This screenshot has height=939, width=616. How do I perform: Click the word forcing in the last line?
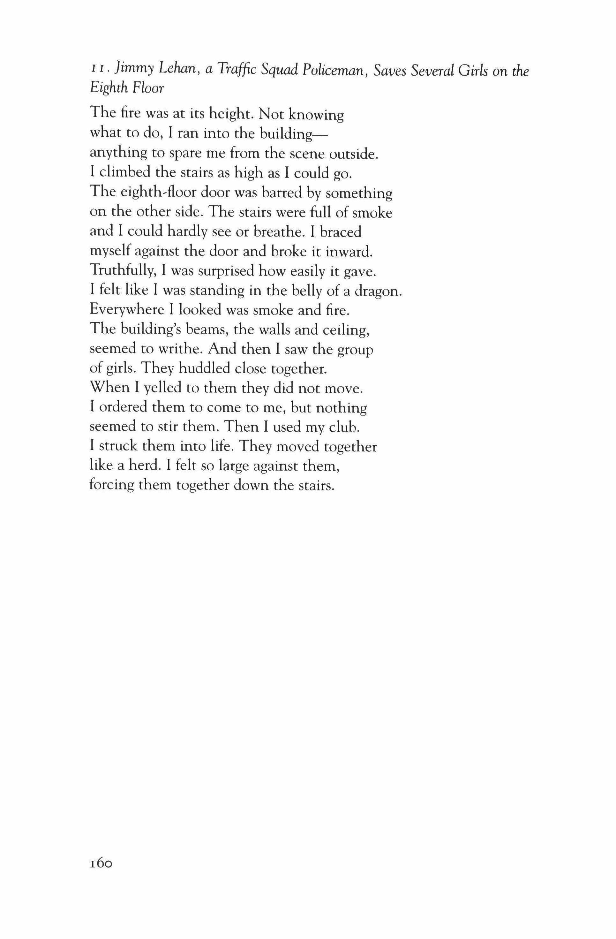(111, 485)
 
